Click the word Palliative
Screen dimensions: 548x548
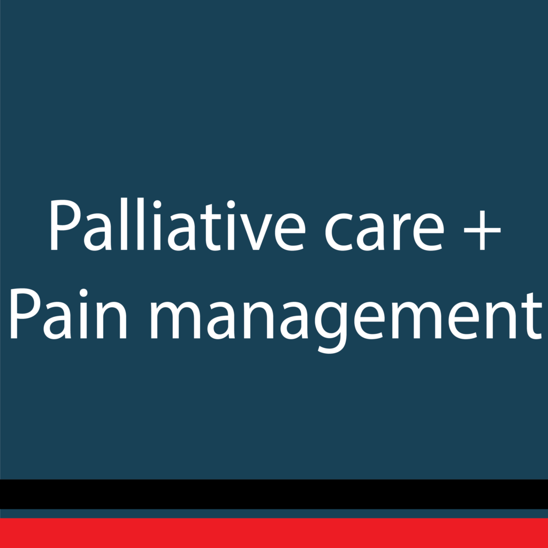pyautogui.click(x=178, y=224)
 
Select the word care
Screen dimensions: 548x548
pyautogui.click(x=384, y=231)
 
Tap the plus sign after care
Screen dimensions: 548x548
pyautogui.click(x=482, y=230)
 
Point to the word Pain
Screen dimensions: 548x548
pyautogui.click(x=68, y=314)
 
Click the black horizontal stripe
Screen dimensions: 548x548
pyautogui.click(x=274, y=494)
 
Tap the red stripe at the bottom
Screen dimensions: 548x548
pyautogui.click(x=274, y=533)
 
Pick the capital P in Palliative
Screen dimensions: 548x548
pyautogui.click(x=66, y=224)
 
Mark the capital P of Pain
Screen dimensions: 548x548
pyautogui.click(x=26, y=314)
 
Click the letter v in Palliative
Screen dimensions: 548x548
pyautogui.click(x=256, y=231)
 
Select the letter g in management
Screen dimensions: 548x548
pyautogui.click(x=331, y=326)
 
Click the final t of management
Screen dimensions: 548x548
pyautogui.click(x=532, y=316)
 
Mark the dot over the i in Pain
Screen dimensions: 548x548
pyautogui.click(x=83, y=293)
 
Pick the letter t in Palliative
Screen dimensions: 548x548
pyautogui.click(x=211, y=227)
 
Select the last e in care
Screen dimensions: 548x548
pyautogui.click(x=429, y=231)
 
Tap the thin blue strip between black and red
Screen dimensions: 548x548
pyautogui.click(x=274, y=513)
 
